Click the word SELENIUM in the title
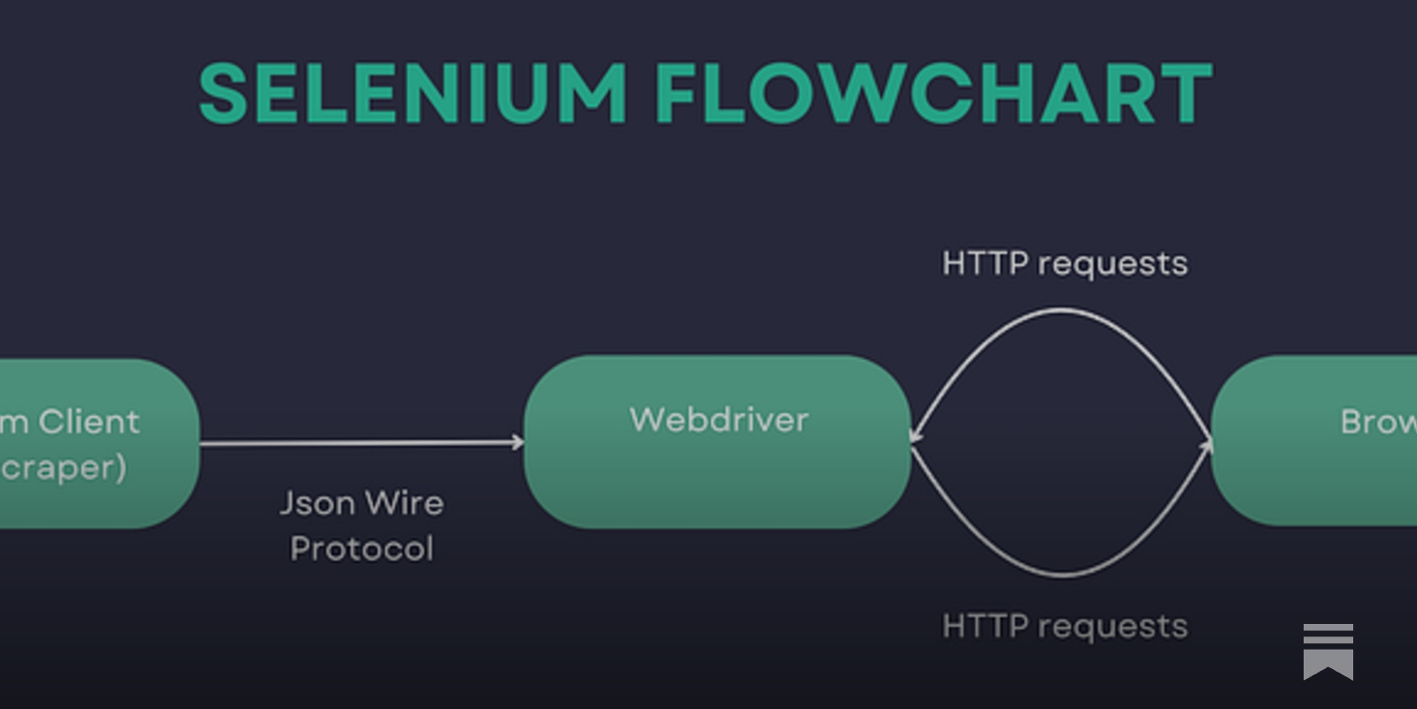point(413,93)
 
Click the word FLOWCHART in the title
point(933,93)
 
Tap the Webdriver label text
point(718,419)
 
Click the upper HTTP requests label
point(1065,263)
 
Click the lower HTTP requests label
point(1065,626)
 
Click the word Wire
point(404,503)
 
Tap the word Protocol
point(361,549)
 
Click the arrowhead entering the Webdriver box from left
point(517,441)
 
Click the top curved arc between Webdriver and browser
point(1063,310)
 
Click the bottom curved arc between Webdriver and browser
point(1063,574)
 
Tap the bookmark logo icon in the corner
point(1328,651)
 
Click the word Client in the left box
point(89,422)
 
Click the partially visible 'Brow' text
point(1378,422)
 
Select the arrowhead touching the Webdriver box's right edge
point(916,435)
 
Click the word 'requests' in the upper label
point(1112,264)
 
